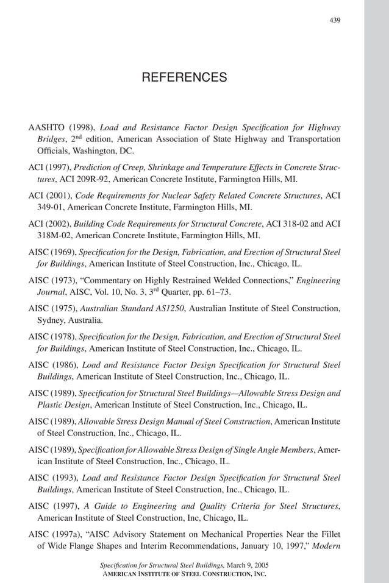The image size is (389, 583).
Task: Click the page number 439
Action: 335,20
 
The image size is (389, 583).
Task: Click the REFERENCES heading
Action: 184,77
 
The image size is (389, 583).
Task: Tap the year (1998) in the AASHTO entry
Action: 80,128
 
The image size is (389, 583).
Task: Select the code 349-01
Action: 51,207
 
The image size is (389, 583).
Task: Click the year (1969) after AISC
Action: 63,252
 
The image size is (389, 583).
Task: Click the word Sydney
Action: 51,320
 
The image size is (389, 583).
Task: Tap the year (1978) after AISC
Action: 63,337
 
